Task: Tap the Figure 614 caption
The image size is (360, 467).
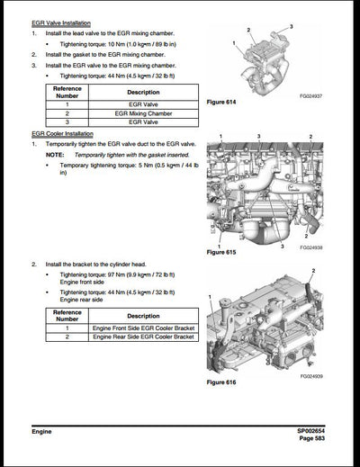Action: pos(221,103)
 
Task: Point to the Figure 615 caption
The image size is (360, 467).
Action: pos(221,253)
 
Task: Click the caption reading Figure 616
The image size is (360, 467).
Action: pos(221,383)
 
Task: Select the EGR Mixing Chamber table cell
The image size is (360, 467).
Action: pos(143,114)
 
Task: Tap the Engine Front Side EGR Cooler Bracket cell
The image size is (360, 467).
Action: pos(143,329)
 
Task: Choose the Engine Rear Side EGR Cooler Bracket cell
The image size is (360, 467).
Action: pos(143,339)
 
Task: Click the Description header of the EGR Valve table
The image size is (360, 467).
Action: pos(143,92)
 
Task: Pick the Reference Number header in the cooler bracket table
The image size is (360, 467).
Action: pos(67,315)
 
